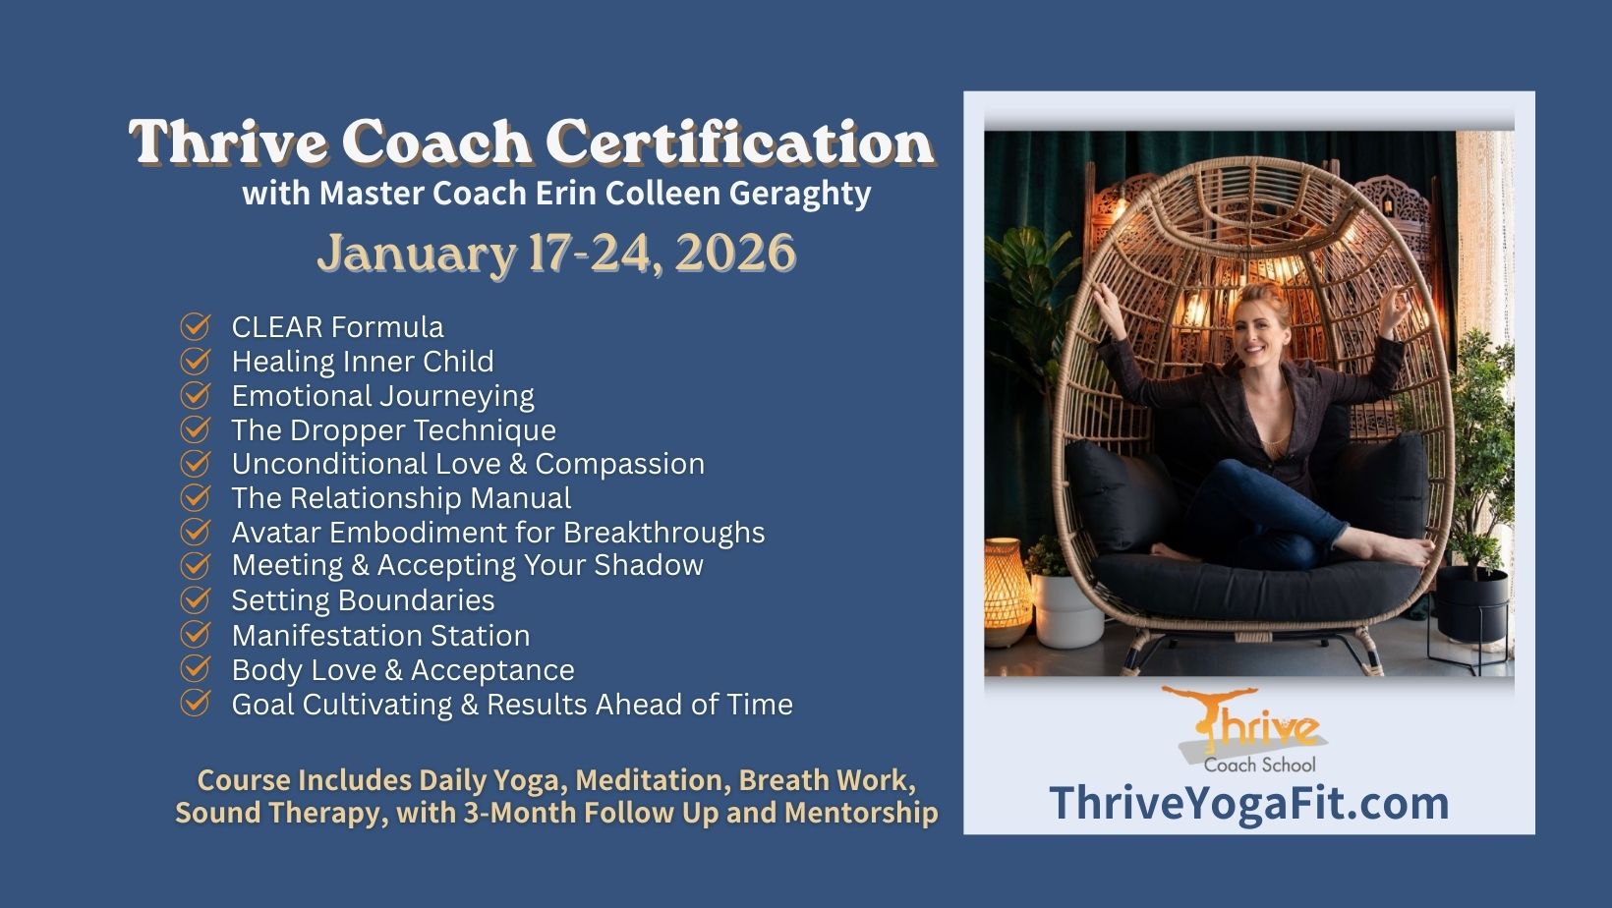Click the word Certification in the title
pos(740,142)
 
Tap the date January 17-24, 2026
pos(556,254)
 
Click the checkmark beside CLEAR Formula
pos(195,326)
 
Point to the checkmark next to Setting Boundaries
pos(195,599)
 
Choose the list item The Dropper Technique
pos(393,430)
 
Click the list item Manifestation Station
pos(380,636)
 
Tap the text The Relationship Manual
pos(402,498)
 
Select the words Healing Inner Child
pos(363,362)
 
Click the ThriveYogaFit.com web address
pos(1249,803)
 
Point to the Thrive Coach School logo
pos(1252,729)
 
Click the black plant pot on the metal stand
pos(1472,604)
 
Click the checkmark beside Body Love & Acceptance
pos(195,668)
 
